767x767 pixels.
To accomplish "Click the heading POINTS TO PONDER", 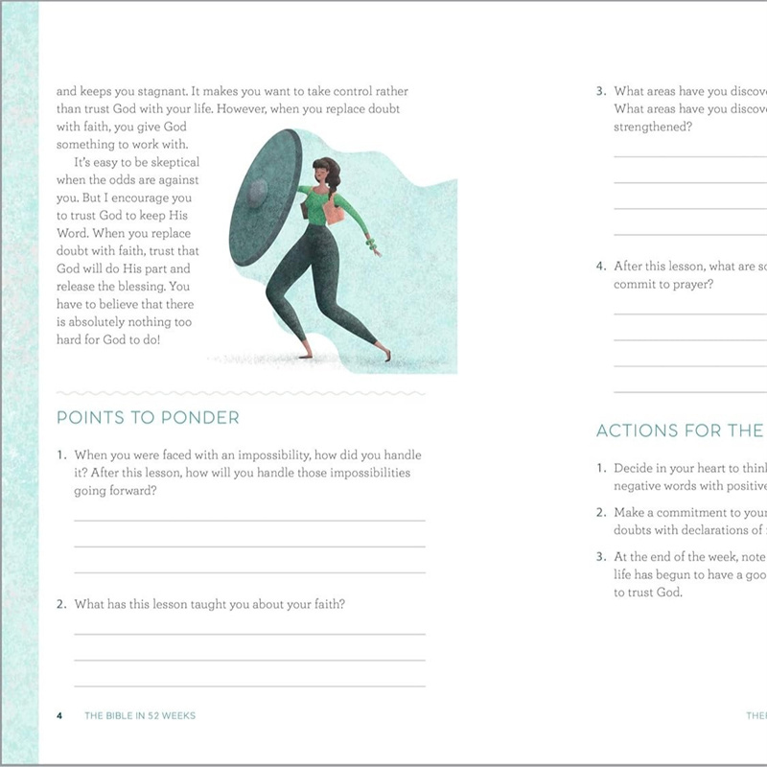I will click(x=148, y=418).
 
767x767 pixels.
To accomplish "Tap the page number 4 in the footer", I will click(x=59, y=715).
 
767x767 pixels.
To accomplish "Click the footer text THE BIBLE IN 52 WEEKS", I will click(x=140, y=715).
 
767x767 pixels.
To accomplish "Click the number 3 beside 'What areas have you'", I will click(x=600, y=92).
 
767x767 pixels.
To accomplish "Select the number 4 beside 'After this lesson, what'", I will click(x=600, y=267).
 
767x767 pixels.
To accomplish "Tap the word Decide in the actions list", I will click(x=634, y=468).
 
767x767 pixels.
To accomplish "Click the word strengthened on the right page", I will click(x=653, y=127).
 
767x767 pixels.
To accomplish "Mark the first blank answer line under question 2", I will click(x=249, y=634).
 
